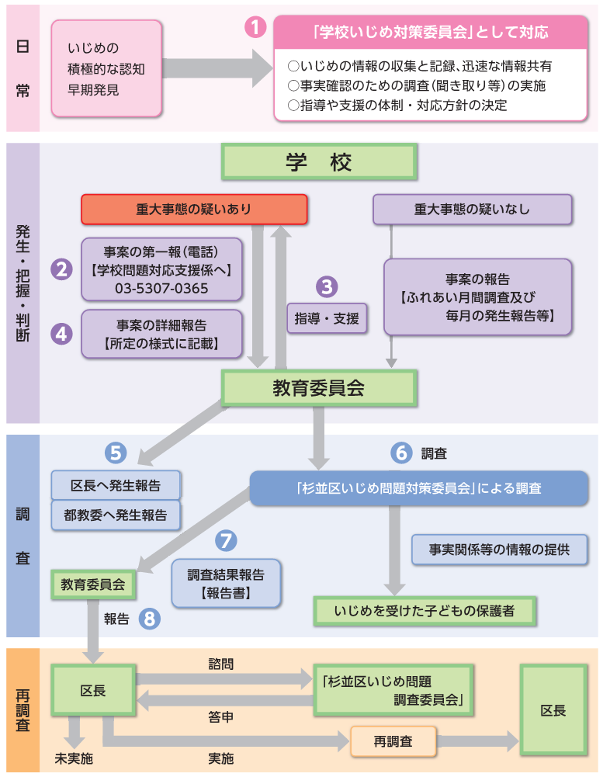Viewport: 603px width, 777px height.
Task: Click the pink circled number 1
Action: click(x=255, y=28)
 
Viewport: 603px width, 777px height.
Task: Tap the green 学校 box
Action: click(x=319, y=162)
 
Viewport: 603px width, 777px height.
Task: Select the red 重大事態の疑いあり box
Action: click(x=194, y=209)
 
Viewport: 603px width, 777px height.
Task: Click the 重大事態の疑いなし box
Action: click(x=472, y=209)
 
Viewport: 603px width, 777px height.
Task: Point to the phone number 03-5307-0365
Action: click(x=161, y=288)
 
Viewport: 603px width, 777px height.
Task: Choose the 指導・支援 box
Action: click(x=327, y=317)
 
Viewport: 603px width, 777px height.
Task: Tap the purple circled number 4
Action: click(x=61, y=333)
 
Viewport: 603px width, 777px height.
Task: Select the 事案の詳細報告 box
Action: click(x=161, y=334)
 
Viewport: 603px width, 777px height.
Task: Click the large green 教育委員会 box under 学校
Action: click(x=319, y=387)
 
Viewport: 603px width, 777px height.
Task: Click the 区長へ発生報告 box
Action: click(x=116, y=485)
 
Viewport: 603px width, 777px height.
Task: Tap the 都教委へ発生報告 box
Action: click(x=116, y=515)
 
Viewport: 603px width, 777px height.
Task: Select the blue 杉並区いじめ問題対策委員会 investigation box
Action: click(x=418, y=488)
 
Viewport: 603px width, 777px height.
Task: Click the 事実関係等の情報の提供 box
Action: click(x=499, y=550)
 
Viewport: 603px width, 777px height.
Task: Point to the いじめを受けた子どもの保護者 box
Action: click(x=425, y=611)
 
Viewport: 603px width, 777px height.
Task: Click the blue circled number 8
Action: click(x=150, y=619)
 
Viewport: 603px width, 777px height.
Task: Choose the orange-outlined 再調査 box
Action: click(x=393, y=741)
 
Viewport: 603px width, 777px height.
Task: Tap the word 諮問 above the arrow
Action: click(x=220, y=664)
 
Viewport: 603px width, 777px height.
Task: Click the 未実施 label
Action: click(x=73, y=758)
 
